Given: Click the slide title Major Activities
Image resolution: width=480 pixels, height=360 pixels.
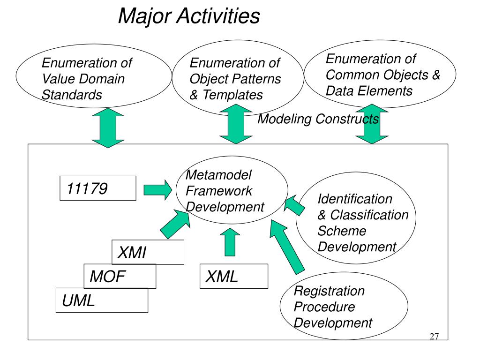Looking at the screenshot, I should [189, 16].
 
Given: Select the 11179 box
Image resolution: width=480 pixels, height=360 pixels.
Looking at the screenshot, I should [98, 188].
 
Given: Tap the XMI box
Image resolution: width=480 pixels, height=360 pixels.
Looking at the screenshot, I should [148, 253].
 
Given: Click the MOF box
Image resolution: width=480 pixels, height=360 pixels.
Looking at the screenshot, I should [120, 276].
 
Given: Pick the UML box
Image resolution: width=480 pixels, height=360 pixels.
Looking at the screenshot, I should [102, 300].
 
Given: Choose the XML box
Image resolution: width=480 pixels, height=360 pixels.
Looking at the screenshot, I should [234, 276].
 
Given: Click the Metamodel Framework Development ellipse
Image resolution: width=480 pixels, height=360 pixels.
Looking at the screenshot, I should [231, 191].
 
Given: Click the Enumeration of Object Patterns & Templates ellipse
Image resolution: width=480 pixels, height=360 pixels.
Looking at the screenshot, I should [235, 78].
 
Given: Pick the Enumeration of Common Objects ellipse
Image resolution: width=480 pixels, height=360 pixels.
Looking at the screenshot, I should [380, 75].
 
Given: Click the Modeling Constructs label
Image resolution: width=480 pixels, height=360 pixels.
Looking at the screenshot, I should [318, 119].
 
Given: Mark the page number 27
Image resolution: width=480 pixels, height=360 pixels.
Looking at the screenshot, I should [434, 337].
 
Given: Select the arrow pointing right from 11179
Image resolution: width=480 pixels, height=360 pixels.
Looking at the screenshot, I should [157, 189].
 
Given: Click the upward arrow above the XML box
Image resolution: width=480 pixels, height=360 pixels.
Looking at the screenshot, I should [230, 241].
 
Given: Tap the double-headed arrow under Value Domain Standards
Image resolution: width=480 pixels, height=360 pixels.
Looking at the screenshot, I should [107, 128].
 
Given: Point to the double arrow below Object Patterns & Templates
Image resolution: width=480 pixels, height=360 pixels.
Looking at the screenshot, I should [235, 124].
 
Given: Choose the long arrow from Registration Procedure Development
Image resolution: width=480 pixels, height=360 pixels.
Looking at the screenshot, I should [287, 247].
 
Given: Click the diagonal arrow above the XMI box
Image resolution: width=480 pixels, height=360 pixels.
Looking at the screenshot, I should [173, 224].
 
